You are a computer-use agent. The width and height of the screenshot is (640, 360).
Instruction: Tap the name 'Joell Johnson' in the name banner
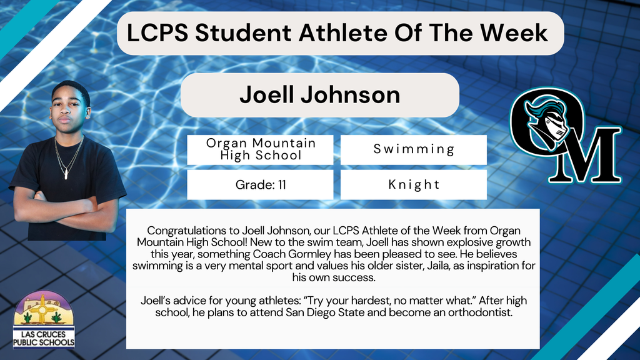coord(319,94)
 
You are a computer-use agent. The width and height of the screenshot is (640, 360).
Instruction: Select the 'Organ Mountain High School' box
coord(261,150)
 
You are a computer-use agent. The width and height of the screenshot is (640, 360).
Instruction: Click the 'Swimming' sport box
coord(413,150)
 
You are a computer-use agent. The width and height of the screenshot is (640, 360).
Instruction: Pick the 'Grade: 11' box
coord(261,185)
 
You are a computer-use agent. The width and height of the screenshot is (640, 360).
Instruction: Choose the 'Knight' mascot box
coord(413,185)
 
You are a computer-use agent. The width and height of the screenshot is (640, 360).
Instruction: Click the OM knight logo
coord(564,137)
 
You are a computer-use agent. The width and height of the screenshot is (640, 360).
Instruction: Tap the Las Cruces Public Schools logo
coord(44,320)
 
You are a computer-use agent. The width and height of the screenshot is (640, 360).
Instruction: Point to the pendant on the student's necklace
coord(66,174)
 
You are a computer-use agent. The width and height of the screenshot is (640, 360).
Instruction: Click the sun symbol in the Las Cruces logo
coord(42,307)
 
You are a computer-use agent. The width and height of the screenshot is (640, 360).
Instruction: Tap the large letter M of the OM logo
coord(590,157)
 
